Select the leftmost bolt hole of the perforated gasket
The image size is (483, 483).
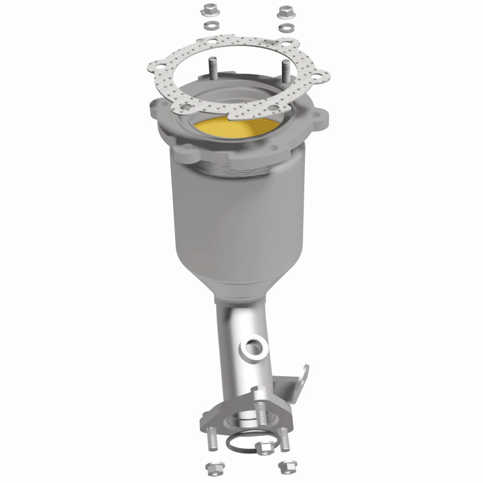point(160,65)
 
